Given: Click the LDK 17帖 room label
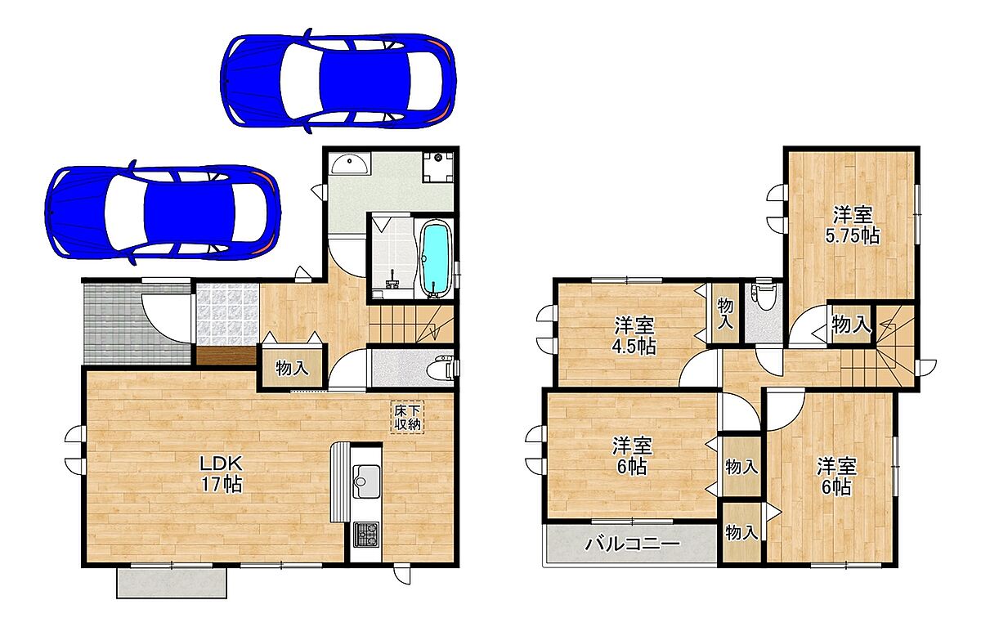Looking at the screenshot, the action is pos(222,474).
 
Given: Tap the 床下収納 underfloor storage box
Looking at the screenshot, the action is pos(407,417).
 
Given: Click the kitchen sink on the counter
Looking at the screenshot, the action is pos(366,481).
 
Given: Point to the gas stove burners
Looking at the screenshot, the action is pos(366,535).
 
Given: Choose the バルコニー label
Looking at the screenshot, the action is pos(633,544).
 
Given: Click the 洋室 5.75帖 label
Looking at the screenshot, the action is pos(852,225).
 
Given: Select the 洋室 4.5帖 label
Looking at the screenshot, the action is pos(634,336).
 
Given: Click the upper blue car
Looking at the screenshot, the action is pos(338,81).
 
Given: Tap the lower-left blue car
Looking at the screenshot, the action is pos(162,213).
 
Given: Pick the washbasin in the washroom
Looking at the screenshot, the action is pos(350,163).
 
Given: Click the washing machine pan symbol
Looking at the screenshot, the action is pos(438,168).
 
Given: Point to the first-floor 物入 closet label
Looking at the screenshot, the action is pos(292,369).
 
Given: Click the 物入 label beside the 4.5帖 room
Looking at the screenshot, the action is pos(725,314).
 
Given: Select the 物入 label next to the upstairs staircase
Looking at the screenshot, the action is pos(851,325).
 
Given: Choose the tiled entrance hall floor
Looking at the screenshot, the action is pos(227,315).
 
